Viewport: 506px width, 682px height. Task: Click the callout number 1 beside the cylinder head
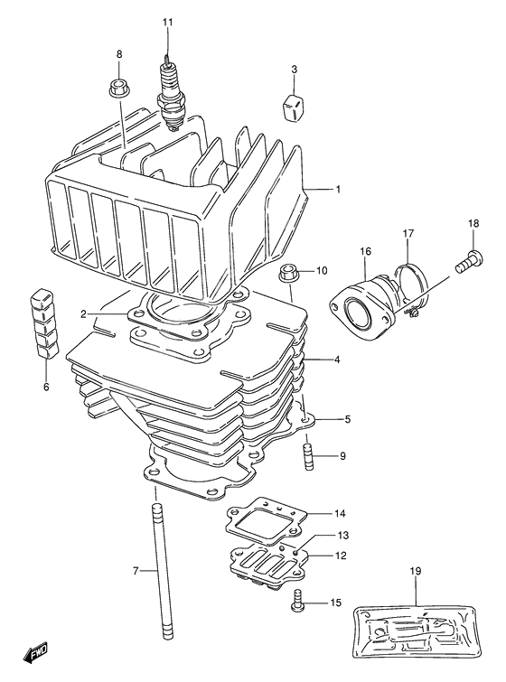pyautogui.click(x=338, y=190)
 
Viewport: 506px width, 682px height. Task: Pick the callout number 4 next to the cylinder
pyautogui.click(x=336, y=360)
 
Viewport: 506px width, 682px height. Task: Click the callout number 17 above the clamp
pyautogui.click(x=408, y=234)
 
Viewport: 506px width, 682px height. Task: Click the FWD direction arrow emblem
pyautogui.click(x=35, y=651)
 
